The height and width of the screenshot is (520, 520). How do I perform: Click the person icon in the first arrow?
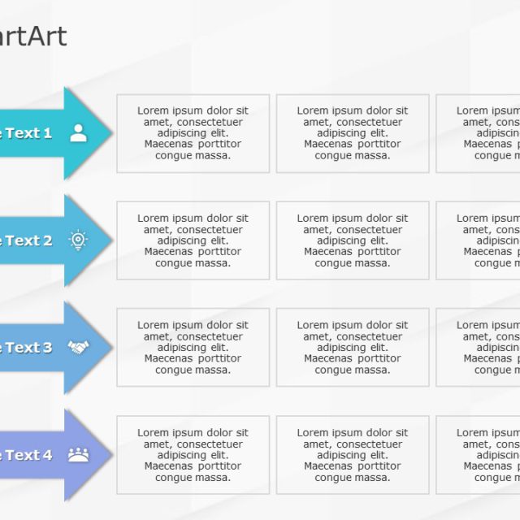pyautogui.click(x=78, y=133)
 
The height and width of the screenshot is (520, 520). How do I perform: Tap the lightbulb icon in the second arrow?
pyautogui.click(x=78, y=240)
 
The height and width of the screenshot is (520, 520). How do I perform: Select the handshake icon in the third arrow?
pyautogui.click(x=78, y=348)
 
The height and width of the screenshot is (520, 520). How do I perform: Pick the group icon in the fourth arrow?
pyautogui.click(x=78, y=455)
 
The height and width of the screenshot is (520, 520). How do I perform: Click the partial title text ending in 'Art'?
pyautogui.click(x=34, y=37)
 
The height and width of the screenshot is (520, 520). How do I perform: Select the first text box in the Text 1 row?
pyautogui.click(x=193, y=133)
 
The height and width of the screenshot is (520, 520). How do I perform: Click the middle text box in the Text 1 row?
pyautogui.click(x=352, y=133)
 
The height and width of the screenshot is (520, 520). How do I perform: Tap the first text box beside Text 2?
pyautogui.click(x=193, y=240)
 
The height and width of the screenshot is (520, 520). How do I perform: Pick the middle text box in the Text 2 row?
pyautogui.click(x=352, y=240)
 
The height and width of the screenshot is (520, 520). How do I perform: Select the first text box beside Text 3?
pyautogui.click(x=193, y=348)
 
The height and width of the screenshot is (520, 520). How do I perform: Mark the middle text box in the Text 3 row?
pyautogui.click(x=352, y=348)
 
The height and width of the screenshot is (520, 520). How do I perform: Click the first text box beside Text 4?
pyautogui.click(x=193, y=455)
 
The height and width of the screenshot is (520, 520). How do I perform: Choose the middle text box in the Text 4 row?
pyautogui.click(x=352, y=455)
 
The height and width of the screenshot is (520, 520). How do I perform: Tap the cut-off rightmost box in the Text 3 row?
pyautogui.click(x=479, y=348)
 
